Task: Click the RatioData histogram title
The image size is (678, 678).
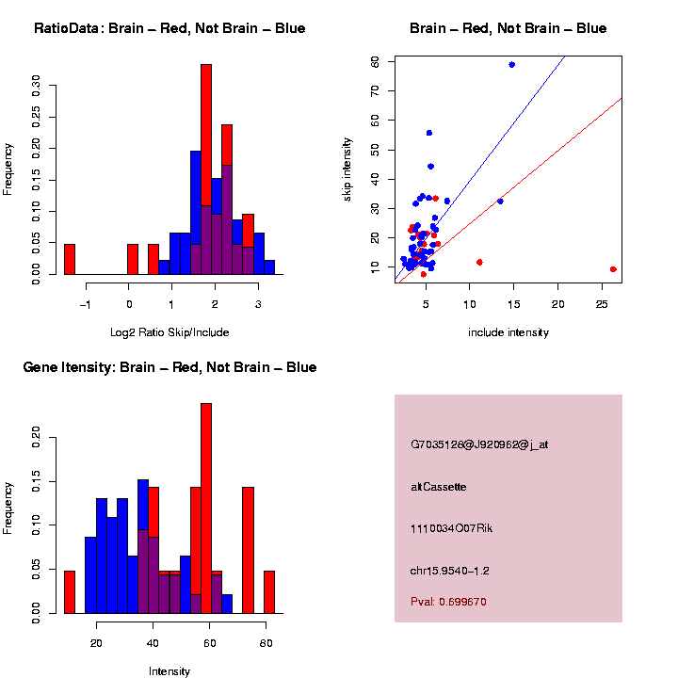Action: [169, 28]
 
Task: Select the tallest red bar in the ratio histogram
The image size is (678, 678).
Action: [205, 169]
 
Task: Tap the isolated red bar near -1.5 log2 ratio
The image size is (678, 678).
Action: [70, 259]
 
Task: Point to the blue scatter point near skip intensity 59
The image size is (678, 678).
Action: [511, 65]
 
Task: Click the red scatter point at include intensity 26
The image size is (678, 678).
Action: [613, 269]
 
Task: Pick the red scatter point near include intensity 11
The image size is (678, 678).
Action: [480, 262]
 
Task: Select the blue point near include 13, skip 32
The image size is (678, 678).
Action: [500, 202]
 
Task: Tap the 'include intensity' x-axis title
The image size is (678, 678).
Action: [508, 332]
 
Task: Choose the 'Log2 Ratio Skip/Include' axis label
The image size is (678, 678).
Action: [169, 332]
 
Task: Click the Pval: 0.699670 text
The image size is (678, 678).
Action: [448, 602]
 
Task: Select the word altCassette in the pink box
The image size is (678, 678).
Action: [439, 487]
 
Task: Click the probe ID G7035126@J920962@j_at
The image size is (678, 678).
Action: [478, 445]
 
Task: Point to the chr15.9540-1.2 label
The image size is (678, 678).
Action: [450, 570]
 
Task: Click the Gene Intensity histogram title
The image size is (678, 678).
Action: [169, 366]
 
